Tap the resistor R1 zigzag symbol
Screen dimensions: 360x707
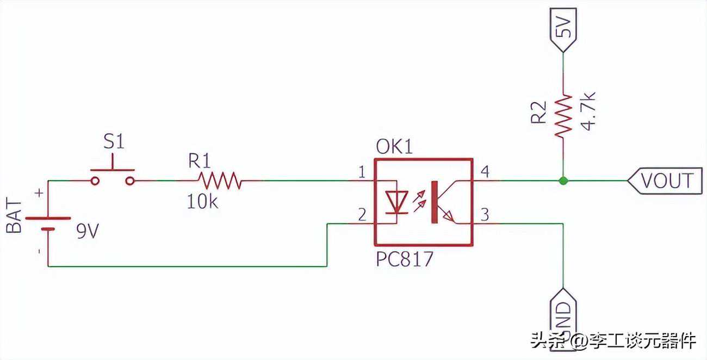coord(219,180)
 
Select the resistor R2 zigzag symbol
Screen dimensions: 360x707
coord(564,115)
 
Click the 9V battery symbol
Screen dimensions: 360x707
coord(48,224)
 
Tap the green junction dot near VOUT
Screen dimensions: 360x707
coord(564,180)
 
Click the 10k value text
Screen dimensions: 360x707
coord(203,202)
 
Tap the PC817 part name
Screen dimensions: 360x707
coord(405,259)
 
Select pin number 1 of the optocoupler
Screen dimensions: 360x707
coord(361,172)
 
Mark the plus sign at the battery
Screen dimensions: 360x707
coord(39,193)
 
